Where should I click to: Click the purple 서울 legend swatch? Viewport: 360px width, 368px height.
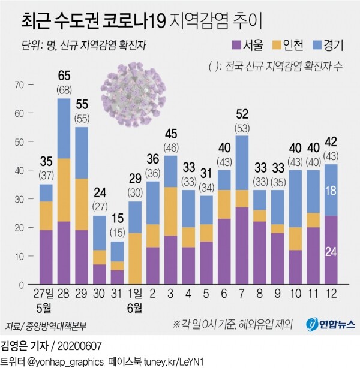pyautogui.click(x=236, y=46)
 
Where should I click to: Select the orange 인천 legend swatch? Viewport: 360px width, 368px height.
pyautogui.click(x=277, y=46)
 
